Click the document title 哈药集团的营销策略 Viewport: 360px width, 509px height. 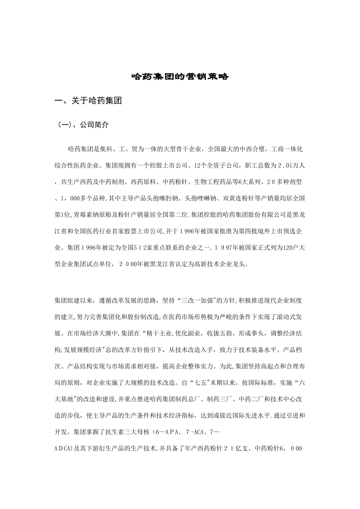pyautogui.click(x=180, y=77)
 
